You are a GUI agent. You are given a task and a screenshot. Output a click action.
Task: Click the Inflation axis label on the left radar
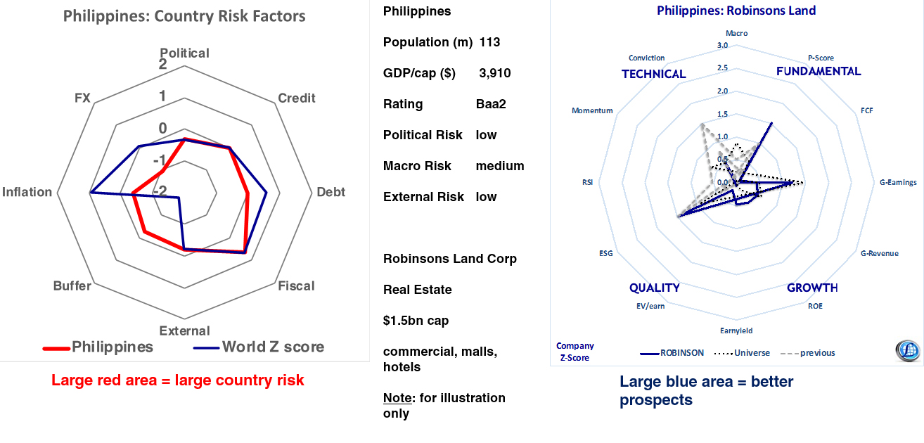click(x=27, y=192)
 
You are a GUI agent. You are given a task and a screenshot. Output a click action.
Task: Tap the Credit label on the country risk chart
click(x=297, y=98)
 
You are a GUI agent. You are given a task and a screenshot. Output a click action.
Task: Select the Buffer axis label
click(x=72, y=286)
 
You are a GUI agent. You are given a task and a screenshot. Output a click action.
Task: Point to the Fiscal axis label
click(x=296, y=286)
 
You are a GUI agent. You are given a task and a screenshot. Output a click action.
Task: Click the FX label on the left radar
click(x=82, y=98)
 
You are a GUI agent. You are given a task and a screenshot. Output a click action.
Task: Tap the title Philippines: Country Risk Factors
click(x=184, y=16)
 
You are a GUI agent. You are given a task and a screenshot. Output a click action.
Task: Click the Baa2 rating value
click(x=491, y=104)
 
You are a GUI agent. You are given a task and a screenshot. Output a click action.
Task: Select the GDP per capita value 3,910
click(x=494, y=73)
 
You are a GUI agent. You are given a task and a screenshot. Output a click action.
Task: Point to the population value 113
click(x=489, y=42)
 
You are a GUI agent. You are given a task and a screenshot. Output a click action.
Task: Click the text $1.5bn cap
click(x=416, y=321)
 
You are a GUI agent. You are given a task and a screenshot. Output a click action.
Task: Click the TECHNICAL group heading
click(x=653, y=74)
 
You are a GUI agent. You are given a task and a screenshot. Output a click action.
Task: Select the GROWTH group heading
click(x=812, y=288)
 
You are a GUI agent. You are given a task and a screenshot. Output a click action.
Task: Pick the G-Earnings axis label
click(x=898, y=182)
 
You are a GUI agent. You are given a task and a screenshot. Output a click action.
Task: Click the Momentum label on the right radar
click(x=592, y=110)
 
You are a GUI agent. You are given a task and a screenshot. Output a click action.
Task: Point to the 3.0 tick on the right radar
click(x=722, y=46)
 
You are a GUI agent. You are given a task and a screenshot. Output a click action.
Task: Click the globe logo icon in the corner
click(x=907, y=350)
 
